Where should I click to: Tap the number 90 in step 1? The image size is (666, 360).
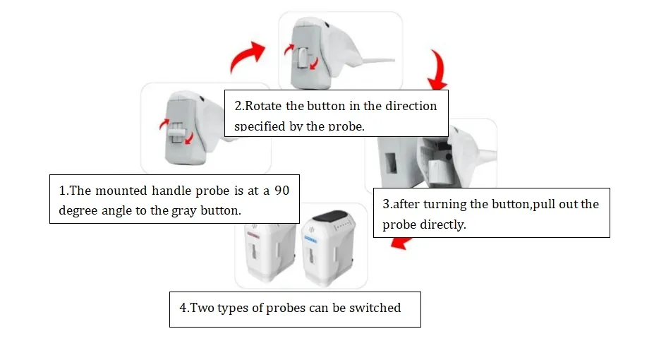(x=281, y=191)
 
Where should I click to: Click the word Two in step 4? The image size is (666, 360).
(x=202, y=308)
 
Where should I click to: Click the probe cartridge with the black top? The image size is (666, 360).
(x=328, y=246)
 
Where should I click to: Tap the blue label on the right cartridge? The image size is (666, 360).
(x=310, y=239)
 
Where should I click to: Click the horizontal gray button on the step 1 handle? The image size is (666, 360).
(x=176, y=132)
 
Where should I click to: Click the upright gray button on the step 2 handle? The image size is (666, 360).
(x=303, y=58)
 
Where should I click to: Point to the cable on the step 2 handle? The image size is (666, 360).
(x=378, y=61)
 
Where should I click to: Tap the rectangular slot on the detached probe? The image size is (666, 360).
(x=390, y=163)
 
